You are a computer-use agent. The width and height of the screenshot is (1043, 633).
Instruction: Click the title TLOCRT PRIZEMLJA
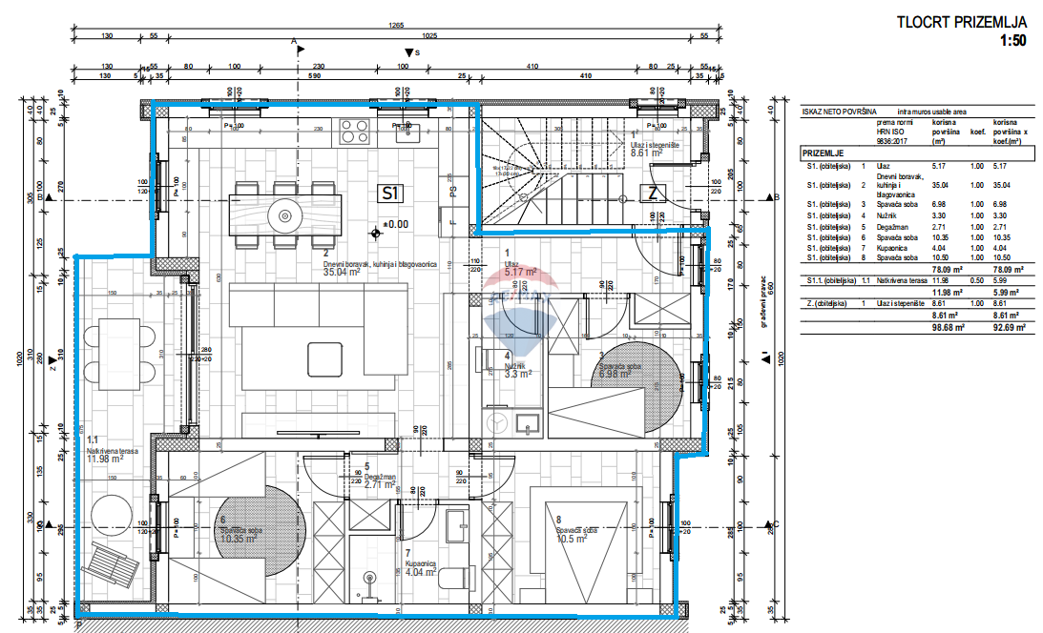tap(961, 23)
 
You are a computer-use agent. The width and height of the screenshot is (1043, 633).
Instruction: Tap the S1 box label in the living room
tap(389, 193)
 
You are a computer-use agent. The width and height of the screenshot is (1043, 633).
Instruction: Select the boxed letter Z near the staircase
tap(653, 194)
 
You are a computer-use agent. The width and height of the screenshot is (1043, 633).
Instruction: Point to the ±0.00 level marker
tap(391, 226)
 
